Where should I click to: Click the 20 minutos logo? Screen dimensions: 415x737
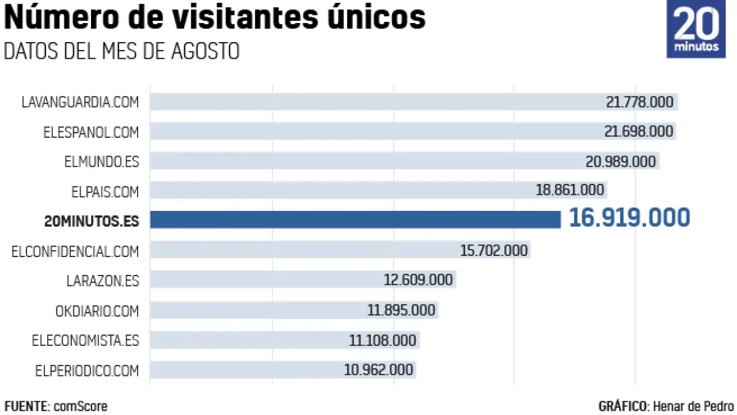click(x=696, y=29)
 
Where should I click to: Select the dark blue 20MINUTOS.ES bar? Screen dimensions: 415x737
click(x=355, y=220)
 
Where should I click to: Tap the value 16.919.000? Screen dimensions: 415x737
click(x=629, y=218)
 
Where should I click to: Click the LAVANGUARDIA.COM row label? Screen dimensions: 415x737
click(x=80, y=102)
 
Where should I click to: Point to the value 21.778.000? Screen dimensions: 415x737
click(x=639, y=102)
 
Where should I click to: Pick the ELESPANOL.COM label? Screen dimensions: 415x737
click(x=91, y=132)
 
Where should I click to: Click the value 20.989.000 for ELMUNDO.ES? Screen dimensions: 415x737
click(x=621, y=162)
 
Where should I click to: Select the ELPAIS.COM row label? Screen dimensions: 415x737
click(x=105, y=191)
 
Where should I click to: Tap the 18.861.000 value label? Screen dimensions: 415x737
click(x=569, y=190)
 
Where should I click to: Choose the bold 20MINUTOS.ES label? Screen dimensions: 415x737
click(x=92, y=221)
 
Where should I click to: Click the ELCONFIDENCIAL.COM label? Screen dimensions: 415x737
click(x=75, y=251)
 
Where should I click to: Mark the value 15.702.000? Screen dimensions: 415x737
click(x=493, y=250)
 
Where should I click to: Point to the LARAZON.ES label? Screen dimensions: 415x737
click(x=102, y=281)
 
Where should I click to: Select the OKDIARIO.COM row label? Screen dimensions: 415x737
click(x=97, y=311)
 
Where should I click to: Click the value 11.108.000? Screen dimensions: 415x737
click(x=382, y=340)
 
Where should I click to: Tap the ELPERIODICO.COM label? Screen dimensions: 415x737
click(x=86, y=371)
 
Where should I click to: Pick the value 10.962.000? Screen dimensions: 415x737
click(x=378, y=369)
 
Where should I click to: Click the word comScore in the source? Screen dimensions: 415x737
click(x=81, y=406)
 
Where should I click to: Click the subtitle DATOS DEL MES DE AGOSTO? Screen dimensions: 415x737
click(x=121, y=51)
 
